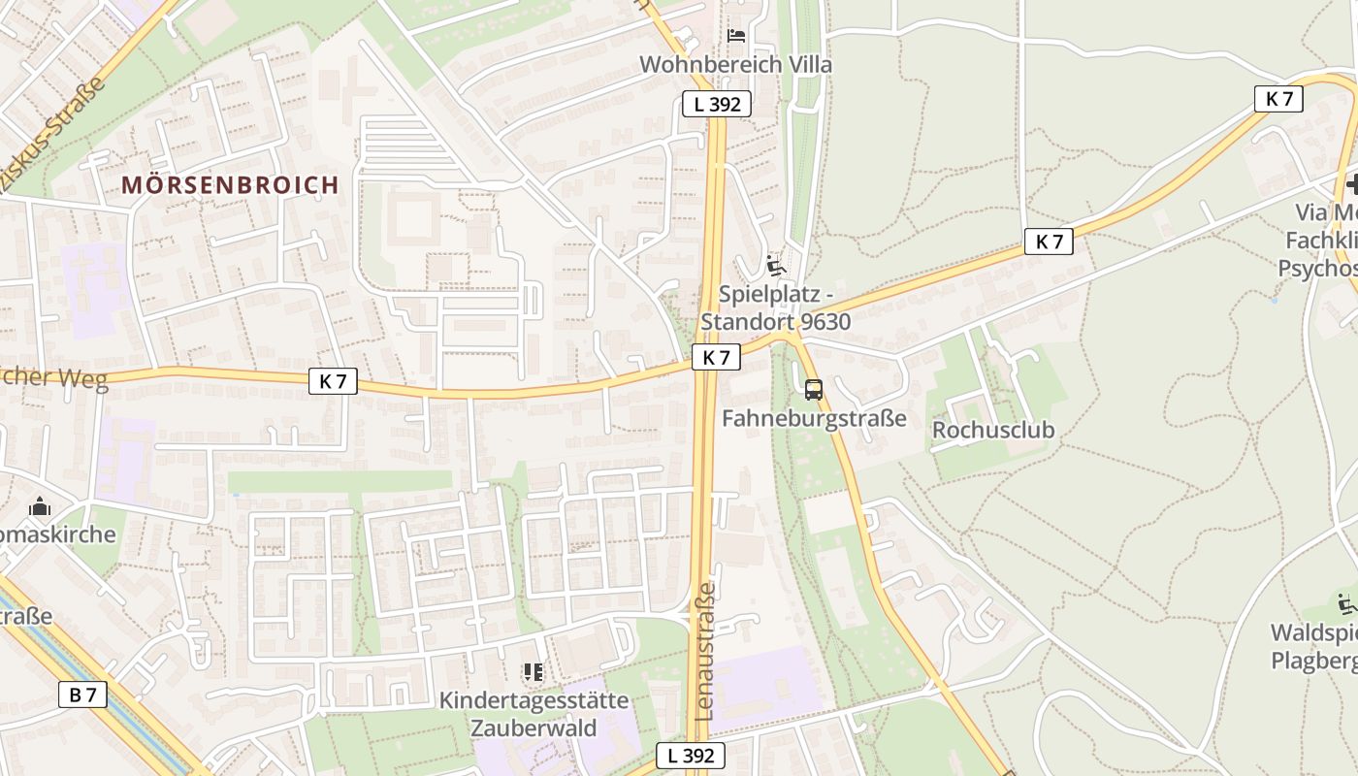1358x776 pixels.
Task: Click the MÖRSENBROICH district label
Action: tap(230, 184)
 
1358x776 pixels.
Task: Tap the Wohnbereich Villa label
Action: tap(736, 65)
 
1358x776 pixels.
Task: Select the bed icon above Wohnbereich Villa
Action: tap(736, 36)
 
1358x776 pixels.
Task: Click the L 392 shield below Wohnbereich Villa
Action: tap(717, 104)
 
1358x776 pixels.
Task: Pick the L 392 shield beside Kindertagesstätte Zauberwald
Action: tap(690, 756)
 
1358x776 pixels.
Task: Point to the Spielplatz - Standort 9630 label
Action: tap(775, 307)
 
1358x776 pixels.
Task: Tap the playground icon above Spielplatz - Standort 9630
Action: tap(775, 264)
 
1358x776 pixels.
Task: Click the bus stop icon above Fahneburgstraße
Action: tap(813, 390)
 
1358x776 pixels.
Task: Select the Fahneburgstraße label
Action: tap(815, 418)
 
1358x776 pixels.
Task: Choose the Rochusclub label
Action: tap(992, 429)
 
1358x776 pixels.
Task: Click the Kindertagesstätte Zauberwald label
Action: tap(533, 714)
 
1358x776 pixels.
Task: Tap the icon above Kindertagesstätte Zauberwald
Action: tap(533, 671)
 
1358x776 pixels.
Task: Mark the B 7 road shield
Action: tap(82, 695)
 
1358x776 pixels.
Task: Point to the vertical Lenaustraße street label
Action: tap(705, 650)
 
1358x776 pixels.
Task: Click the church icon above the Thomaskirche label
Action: tap(40, 506)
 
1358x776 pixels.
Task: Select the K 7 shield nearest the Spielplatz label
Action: tap(716, 357)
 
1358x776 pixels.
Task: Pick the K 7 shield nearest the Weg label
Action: tap(333, 381)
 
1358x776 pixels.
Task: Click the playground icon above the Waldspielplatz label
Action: tap(1345, 603)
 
